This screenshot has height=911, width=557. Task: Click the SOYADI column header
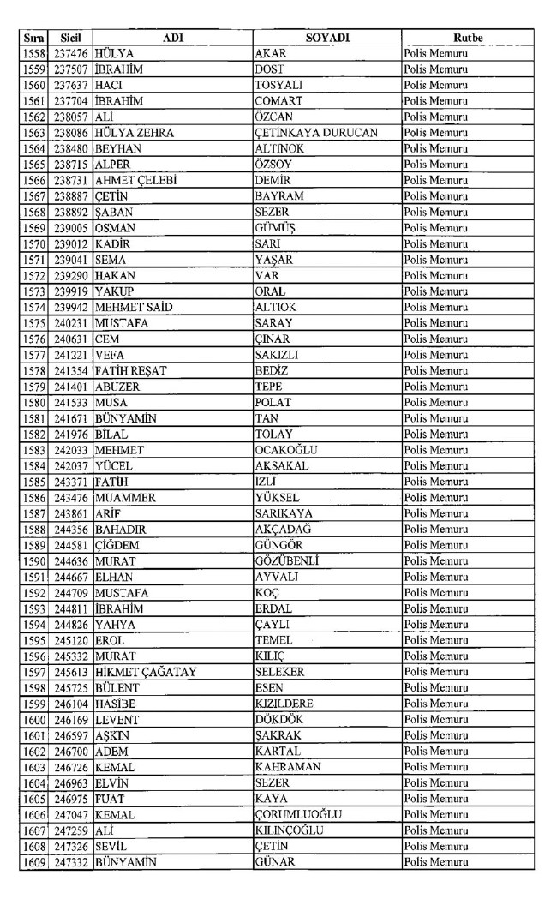point(326,38)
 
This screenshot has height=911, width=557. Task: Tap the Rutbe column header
point(467,38)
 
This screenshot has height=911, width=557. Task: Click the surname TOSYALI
point(280,86)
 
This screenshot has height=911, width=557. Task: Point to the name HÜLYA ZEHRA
point(135,133)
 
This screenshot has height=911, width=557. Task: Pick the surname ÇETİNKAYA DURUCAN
point(315,133)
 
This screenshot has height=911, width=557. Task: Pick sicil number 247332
point(71,861)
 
